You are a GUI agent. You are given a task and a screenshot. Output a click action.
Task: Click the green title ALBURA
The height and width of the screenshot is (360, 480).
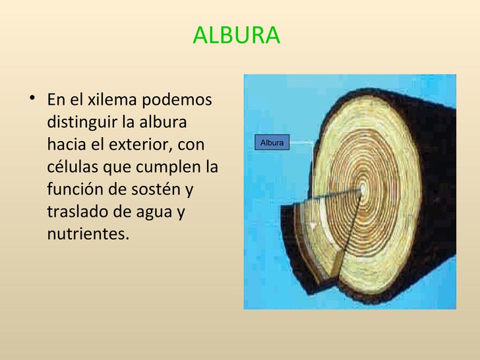pos(236,36)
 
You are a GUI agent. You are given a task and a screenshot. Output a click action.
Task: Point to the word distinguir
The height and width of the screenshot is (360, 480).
pos(80,123)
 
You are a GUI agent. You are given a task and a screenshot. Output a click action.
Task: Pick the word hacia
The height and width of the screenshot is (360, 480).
pos(66,144)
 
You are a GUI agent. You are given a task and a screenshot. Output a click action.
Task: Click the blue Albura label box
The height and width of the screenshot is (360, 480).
pos(272,142)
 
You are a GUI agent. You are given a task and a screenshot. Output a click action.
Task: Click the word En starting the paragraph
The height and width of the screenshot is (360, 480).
pos(56,100)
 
